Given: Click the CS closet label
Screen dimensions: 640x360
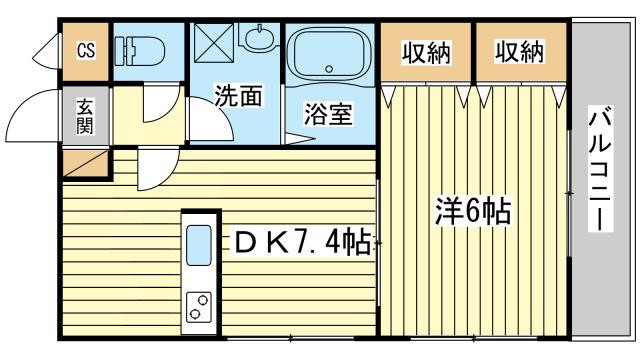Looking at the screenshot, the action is pos(86,51).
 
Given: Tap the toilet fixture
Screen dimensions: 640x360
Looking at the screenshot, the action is pos(139,51).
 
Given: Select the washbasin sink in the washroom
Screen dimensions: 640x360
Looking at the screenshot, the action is pos(259,37).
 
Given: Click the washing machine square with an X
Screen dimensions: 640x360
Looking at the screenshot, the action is pos(214,43).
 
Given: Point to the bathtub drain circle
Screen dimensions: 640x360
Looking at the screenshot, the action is pos(329,69).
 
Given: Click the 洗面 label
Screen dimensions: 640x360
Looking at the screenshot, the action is pos(239,96).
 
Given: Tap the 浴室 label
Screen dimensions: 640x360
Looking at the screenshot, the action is pos(328,114).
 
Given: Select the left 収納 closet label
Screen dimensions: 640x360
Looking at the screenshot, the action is pos(427,53).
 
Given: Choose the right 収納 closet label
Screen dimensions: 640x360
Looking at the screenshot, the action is pos(520,52).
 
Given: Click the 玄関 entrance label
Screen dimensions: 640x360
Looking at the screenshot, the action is pos(85,117).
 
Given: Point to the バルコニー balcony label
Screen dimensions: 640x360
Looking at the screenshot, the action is pos(600,169).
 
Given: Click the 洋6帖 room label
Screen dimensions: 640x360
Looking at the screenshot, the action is pos(473,211).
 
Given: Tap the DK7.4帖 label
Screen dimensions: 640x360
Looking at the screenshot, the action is pos(302,243).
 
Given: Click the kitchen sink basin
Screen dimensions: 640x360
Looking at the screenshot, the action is pos(199,245).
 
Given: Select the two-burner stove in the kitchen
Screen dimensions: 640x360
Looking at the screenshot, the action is pos(199,307).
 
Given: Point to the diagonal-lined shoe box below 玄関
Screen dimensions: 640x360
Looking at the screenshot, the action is pos(86,164).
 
